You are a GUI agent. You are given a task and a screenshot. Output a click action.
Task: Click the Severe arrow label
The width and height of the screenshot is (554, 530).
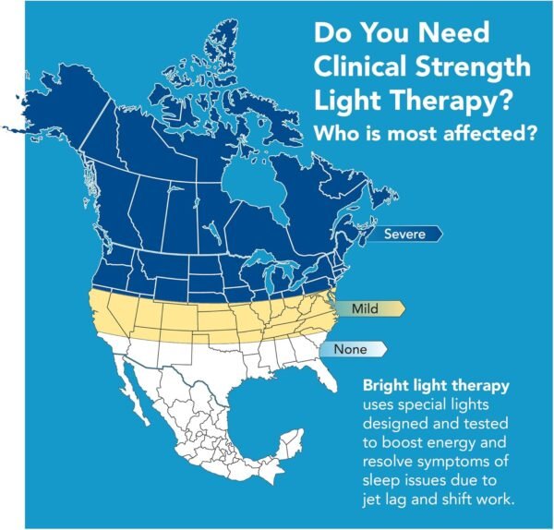point(405,235)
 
